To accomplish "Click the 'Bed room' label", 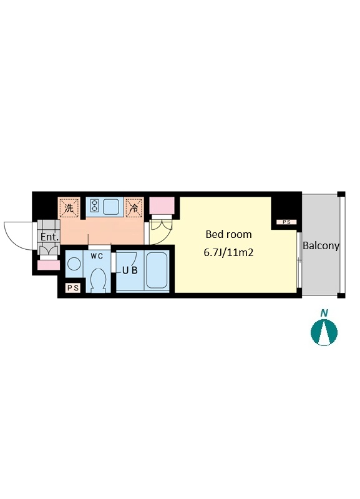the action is [228, 235].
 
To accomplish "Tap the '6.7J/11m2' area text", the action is [228, 253].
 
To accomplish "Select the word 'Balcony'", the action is [321, 246].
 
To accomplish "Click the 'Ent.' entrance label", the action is [50, 237].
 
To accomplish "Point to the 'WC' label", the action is [97, 256].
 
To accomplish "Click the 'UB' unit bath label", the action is [130, 270].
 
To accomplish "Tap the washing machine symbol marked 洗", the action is [69, 208].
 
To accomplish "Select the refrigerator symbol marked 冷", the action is [134, 208].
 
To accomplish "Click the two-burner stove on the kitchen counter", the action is [94, 205].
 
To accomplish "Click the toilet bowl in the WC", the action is [97, 280].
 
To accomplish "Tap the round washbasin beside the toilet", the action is [74, 264].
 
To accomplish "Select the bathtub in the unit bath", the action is [157, 270].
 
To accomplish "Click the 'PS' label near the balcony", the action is [286, 222].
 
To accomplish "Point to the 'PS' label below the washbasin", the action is [73, 288].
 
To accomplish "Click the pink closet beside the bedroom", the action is [162, 205].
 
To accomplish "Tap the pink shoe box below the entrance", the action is [49, 265].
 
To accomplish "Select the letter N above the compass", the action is [324, 313].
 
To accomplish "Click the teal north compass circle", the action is [324, 332].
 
